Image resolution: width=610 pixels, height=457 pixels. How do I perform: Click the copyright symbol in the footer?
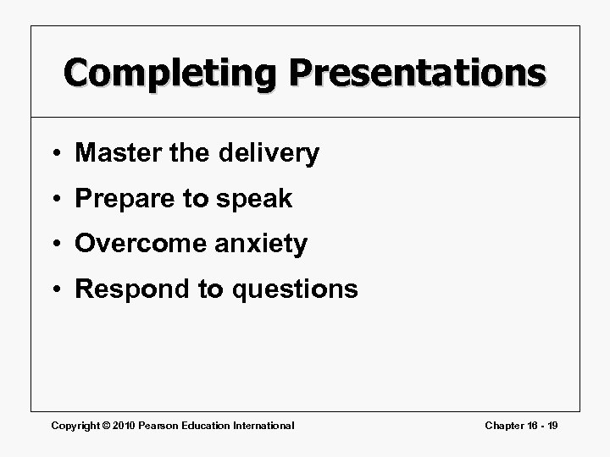coord(101,425)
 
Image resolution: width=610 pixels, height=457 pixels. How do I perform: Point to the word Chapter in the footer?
coord(504,425)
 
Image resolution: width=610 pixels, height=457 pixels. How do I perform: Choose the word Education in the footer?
coord(203,425)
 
